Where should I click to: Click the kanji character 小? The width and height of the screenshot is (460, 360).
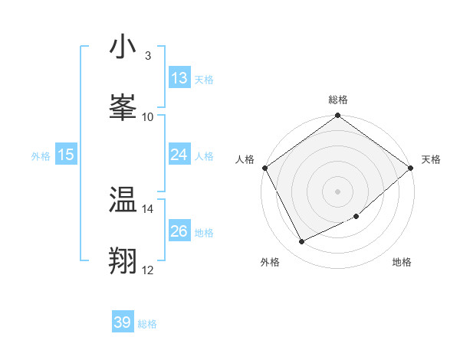click(x=123, y=47)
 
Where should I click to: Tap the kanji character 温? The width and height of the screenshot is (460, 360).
click(x=123, y=201)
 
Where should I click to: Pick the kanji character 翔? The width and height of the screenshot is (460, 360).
click(x=123, y=260)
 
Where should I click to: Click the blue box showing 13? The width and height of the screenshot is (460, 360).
click(x=179, y=78)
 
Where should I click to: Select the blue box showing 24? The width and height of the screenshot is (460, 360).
click(x=179, y=155)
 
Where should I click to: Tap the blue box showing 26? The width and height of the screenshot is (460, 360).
click(x=179, y=231)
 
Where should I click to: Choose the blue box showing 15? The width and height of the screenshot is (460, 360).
click(x=66, y=155)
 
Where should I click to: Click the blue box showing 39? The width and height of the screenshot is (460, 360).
click(x=123, y=322)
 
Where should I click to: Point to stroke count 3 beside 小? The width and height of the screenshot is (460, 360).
click(x=147, y=56)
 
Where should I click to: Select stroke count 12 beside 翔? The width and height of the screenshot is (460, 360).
click(x=147, y=270)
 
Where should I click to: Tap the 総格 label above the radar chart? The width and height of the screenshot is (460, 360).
click(x=338, y=100)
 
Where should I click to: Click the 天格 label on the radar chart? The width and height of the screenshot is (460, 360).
click(x=432, y=159)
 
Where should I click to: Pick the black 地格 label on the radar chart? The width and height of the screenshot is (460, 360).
click(x=402, y=262)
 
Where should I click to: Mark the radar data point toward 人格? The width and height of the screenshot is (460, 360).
click(x=264, y=168)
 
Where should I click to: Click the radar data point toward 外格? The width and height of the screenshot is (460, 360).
click(x=302, y=242)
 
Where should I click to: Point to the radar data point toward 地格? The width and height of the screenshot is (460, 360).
click(x=356, y=217)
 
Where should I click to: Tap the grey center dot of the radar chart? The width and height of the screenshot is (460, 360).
click(x=337, y=191)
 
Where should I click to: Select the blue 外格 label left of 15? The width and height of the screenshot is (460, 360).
click(x=41, y=155)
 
